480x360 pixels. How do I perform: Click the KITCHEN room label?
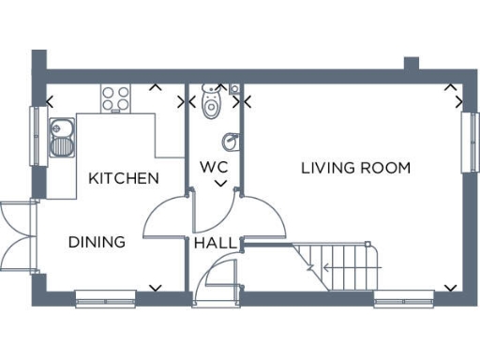123,178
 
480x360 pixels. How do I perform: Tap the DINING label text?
97,242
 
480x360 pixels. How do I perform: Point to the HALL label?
215,244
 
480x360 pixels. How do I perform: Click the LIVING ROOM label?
355,169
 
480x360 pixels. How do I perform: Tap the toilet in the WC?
212,100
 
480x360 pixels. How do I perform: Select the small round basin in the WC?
229,142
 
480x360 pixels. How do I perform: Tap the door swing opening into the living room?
263,217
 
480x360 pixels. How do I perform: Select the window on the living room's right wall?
467,141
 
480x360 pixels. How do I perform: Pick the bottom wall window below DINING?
106,300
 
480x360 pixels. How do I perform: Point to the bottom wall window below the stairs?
403,300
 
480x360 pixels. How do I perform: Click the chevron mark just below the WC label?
220,185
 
